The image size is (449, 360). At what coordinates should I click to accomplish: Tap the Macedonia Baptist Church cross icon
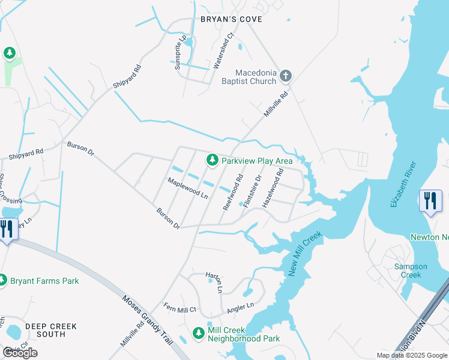(286, 76)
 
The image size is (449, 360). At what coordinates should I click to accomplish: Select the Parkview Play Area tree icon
(211, 160)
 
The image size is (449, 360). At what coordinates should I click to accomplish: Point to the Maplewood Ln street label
(187, 188)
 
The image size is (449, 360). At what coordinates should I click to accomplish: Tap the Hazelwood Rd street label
(273, 188)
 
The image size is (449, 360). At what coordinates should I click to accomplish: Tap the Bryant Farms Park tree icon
(3, 280)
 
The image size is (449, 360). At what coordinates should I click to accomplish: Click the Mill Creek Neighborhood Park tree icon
(199, 332)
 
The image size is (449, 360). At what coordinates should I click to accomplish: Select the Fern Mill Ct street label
(180, 310)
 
